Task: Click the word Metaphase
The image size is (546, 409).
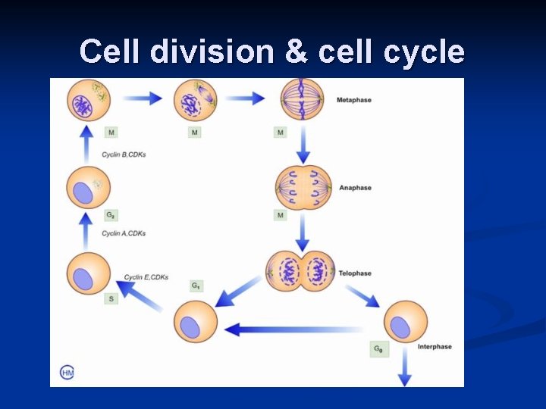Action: tap(354, 100)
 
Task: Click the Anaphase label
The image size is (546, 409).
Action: tap(356, 188)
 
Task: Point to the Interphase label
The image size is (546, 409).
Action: tap(435, 347)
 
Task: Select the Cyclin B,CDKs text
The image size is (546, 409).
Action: tap(124, 155)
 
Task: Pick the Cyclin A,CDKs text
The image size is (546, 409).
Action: tap(124, 233)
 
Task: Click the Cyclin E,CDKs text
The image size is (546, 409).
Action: tap(146, 277)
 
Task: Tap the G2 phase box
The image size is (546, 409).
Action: tap(111, 216)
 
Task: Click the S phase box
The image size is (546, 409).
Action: tap(111, 299)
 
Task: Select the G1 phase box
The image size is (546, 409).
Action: tap(196, 286)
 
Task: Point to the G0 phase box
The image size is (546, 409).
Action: tap(377, 349)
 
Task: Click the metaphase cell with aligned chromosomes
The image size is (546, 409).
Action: tap(302, 99)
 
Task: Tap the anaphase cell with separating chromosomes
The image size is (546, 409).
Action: tap(303, 187)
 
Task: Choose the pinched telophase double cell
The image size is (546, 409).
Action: tap(301, 271)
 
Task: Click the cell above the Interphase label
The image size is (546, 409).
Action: tap(406, 322)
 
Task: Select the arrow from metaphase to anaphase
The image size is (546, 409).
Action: tap(303, 144)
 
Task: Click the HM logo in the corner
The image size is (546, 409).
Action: tap(67, 372)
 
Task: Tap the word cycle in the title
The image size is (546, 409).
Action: tap(426, 52)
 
